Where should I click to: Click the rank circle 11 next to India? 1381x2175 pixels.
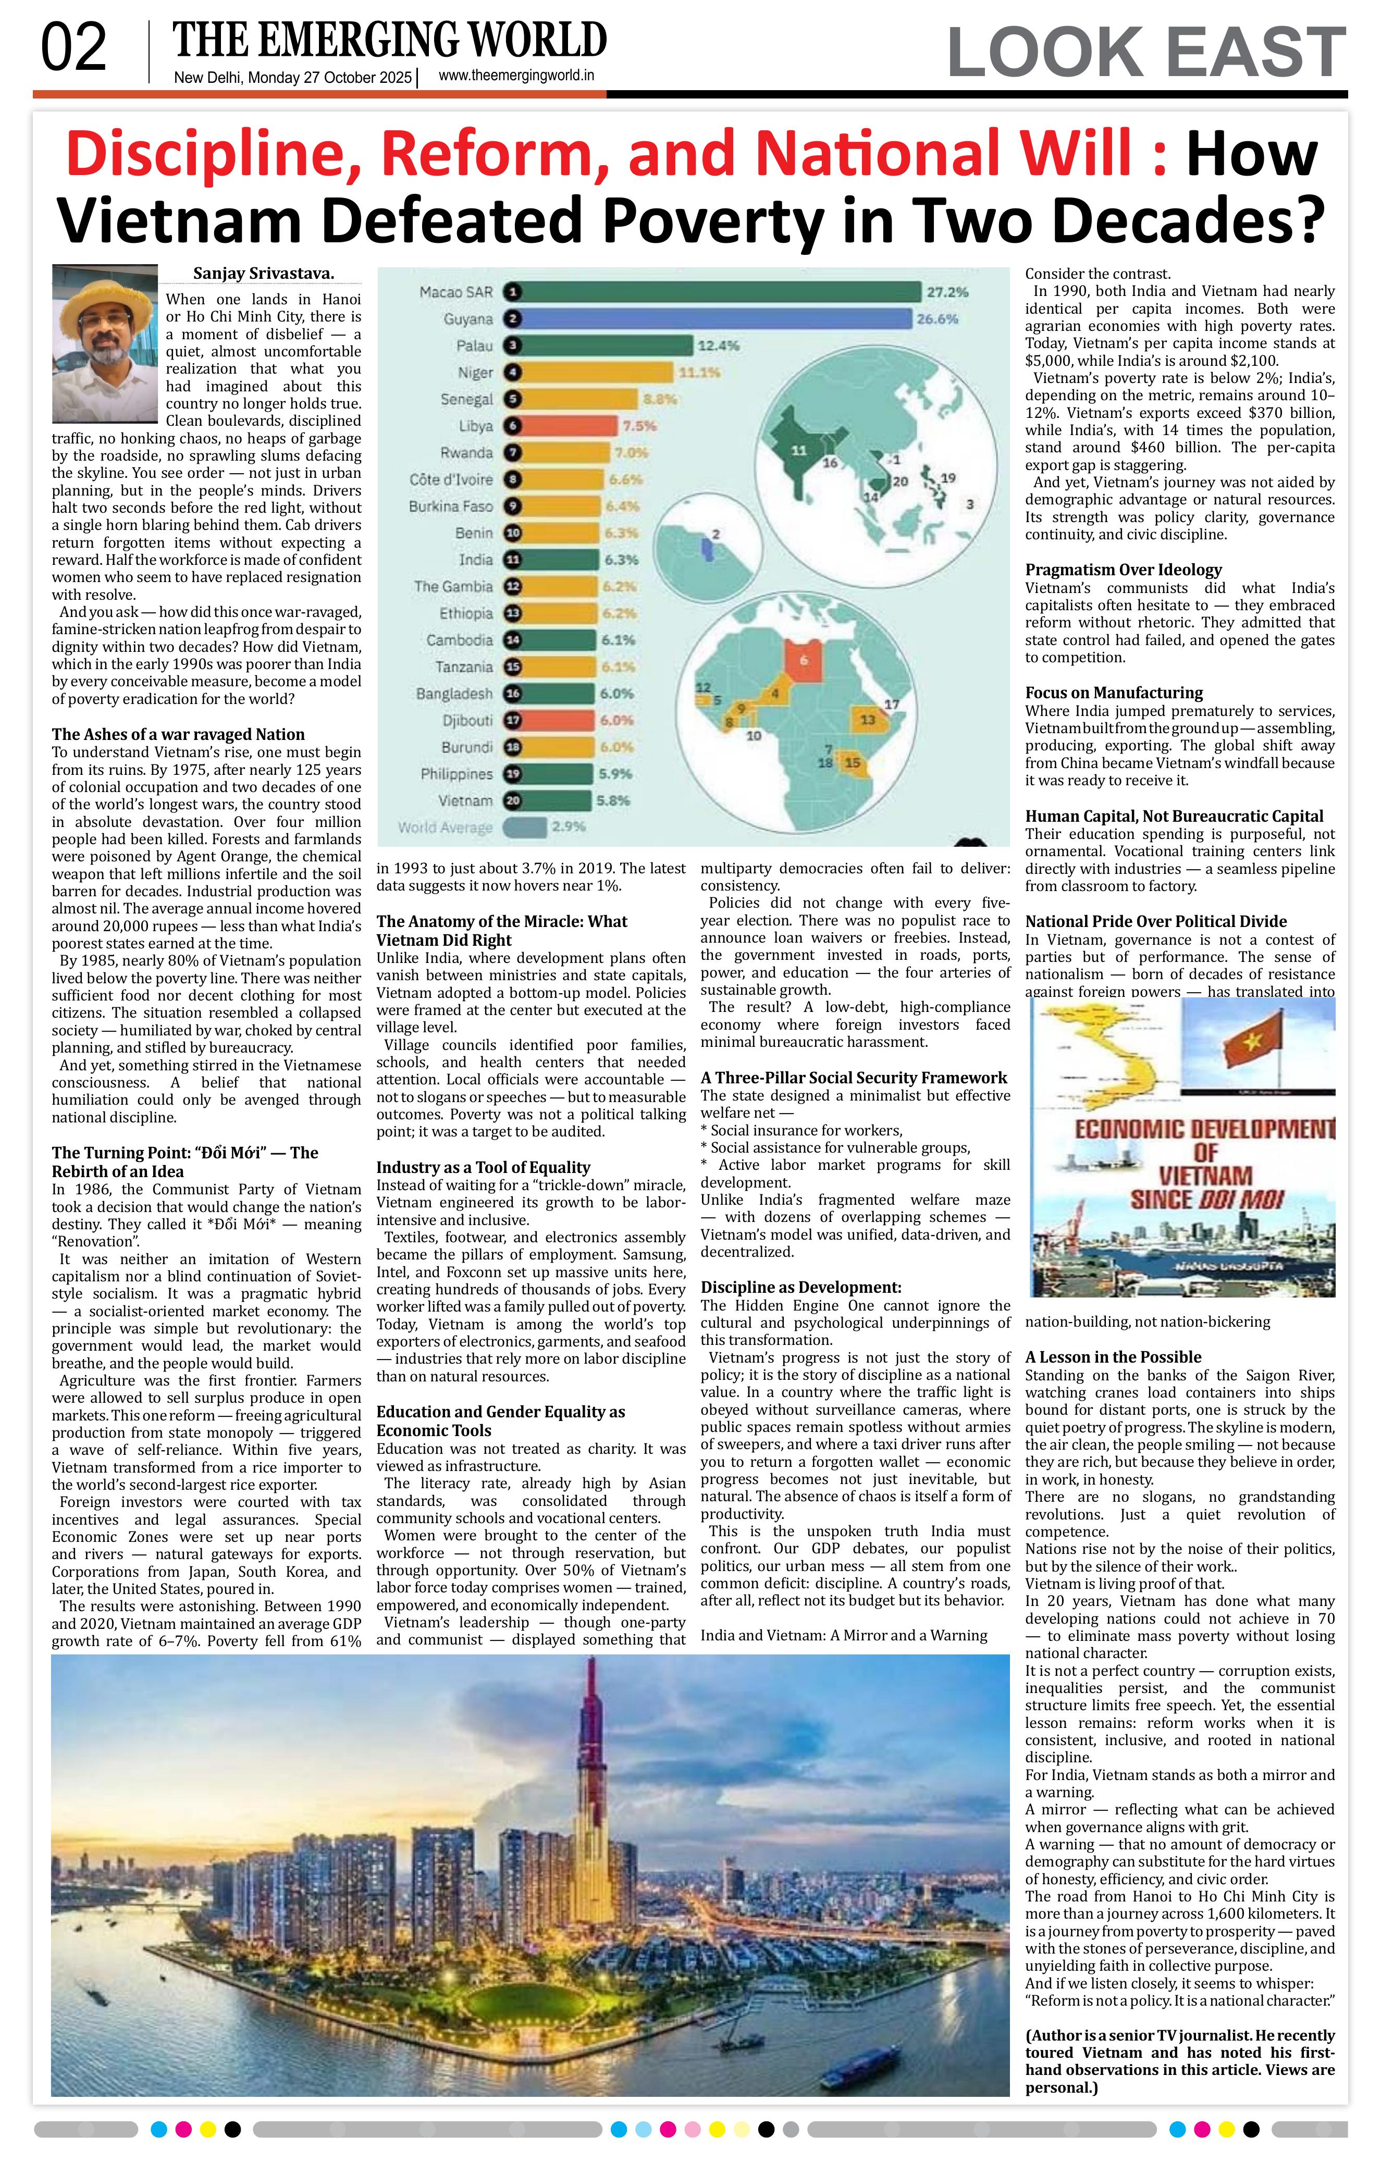click(x=513, y=560)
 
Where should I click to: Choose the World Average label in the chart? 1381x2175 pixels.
click(x=445, y=827)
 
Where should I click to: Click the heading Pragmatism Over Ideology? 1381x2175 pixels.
click(x=1123, y=570)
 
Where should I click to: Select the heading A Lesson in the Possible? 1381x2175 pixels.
click(x=1113, y=1357)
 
